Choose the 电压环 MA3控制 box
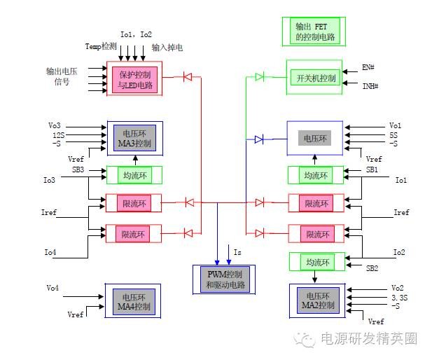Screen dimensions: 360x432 click(134, 139)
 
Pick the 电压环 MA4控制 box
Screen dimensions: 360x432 click(133, 301)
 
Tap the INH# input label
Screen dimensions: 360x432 click(370, 85)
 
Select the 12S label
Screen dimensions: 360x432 click(57, 134)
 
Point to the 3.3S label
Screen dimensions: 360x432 click(398, 296)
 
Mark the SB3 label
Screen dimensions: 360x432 click(78, 169)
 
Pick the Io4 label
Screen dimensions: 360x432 click(50, 251)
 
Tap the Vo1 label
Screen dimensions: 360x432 click(396, 125)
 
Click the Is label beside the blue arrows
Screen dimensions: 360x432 click(237, 251)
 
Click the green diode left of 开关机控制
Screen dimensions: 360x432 click(260, 76)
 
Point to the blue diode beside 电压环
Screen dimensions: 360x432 click(259, 139)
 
